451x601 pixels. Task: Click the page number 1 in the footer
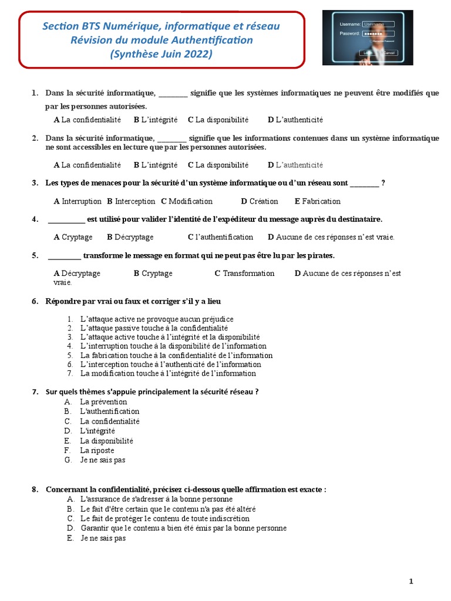point(411,581)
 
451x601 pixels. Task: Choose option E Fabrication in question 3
point(317,201)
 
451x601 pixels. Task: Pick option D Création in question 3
point(260,201)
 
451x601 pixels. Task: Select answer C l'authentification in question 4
point(221,237)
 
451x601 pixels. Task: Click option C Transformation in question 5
point(244,274)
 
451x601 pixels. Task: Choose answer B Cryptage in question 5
point(153,274)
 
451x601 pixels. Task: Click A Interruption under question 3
point(78,201)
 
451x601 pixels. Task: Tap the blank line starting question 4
point(66,220)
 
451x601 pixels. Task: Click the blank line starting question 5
point(64,256)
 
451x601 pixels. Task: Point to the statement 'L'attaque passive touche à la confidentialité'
point(154,328)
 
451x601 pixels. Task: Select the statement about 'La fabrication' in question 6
point(176,355)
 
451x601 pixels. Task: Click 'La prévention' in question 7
point(103,402)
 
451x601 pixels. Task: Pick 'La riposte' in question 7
point(97,450)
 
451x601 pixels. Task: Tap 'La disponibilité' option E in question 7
point(106,441)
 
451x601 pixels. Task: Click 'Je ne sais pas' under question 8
point(103,538)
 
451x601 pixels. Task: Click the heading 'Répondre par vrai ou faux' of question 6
point(133,301)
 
